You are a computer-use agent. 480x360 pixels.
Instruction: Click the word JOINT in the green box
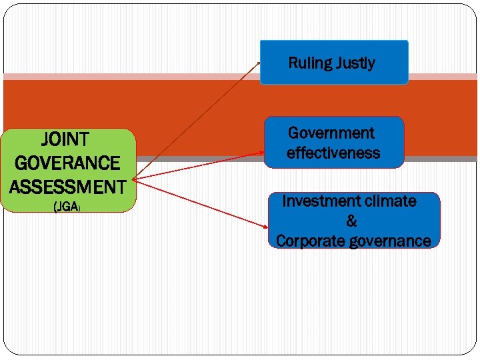65,139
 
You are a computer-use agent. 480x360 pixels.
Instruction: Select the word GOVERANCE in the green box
67,163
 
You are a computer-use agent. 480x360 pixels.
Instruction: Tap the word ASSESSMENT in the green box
67,186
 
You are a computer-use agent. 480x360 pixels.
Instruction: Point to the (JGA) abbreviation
67,207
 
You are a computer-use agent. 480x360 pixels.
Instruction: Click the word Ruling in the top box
310,63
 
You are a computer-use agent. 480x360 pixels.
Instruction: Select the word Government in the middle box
331,133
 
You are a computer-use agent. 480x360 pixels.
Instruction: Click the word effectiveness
333,153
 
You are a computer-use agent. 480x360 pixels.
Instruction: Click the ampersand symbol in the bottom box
351,221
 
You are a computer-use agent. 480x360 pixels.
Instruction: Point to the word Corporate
311,241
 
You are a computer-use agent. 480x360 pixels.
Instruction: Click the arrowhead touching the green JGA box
135,179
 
